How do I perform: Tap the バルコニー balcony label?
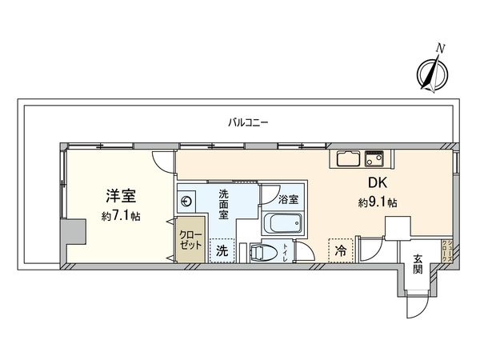pos(248,122)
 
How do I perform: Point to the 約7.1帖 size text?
pos(122,216)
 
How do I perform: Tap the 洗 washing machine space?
pos(223,250)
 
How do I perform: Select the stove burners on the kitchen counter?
pos(374,158)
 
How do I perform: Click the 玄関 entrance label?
pos(418,263)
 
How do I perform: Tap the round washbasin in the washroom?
pos(187,201)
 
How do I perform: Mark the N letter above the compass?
pos(439,50)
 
